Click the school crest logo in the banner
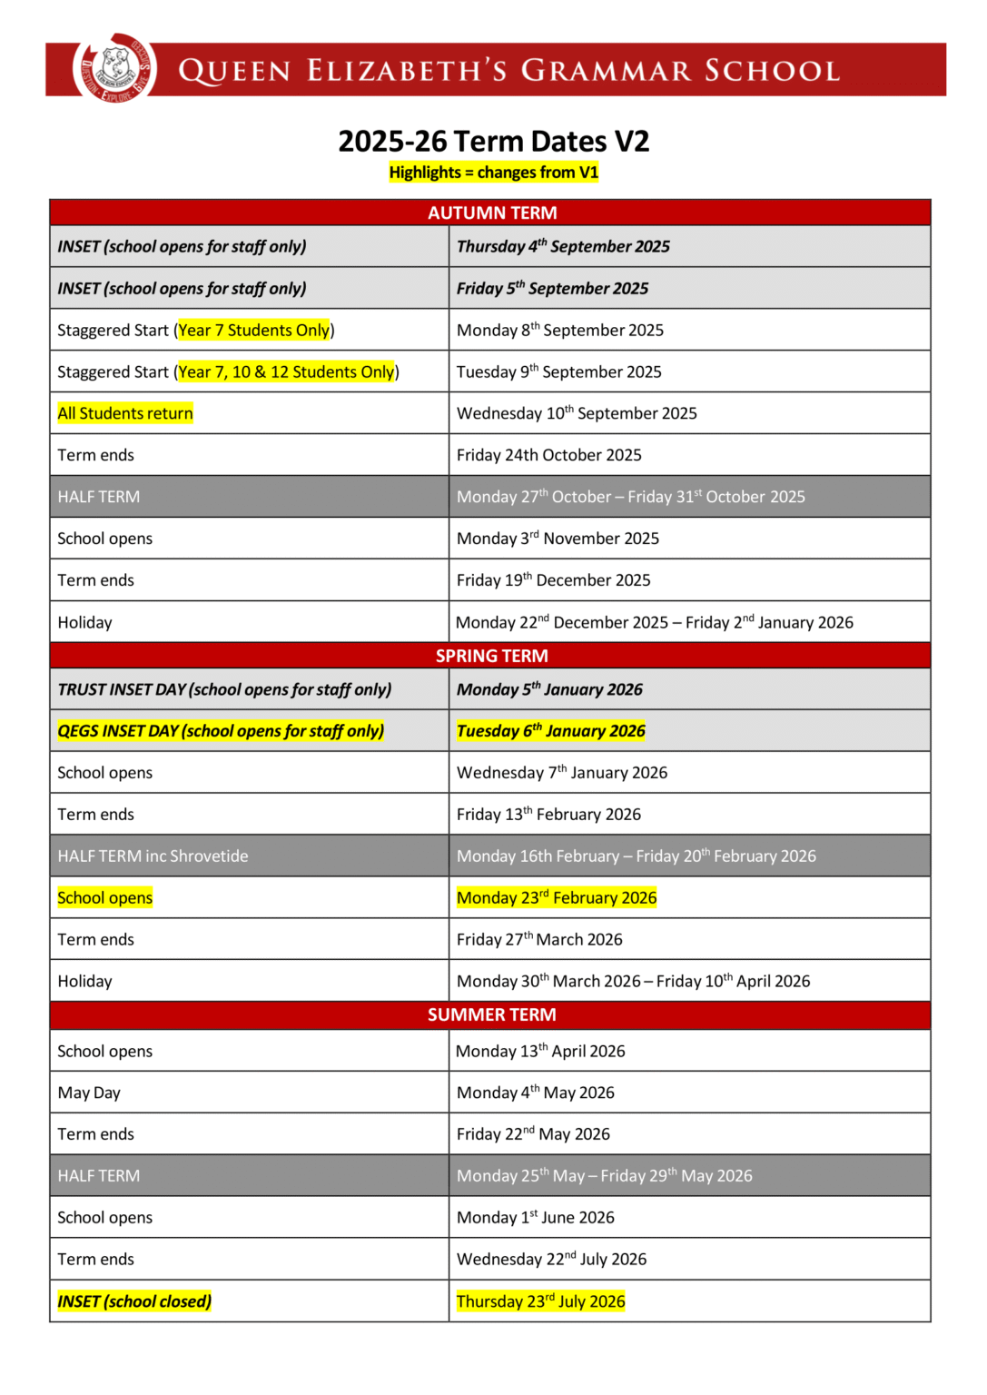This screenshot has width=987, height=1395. [x=114, y=69]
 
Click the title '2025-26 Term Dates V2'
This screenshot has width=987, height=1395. [x=493, y=142]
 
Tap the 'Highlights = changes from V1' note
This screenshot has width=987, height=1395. [x=493, y=173]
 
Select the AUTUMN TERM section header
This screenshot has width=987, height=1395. [x=491, y=213]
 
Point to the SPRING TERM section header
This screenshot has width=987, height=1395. [x=491, y=656]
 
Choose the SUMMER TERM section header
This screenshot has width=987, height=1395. [x=491, y=1014]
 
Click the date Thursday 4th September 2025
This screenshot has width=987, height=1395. [x=563, y=246]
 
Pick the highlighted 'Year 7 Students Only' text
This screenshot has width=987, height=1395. [x=254, y=331]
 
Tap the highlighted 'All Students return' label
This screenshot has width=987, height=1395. [x=125, y=413]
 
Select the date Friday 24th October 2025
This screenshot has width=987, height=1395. [x=548, y=455]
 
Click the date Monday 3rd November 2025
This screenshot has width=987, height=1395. [x=558, y=539]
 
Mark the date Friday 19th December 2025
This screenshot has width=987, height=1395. [x=553, y=580]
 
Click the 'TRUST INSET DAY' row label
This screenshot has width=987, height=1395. [x=224, y=689]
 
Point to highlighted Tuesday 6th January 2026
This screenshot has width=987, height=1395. [x=550, y=731]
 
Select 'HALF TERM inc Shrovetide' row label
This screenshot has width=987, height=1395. [x=153, y=856]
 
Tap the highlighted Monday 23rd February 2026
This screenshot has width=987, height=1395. [x=556, y=897]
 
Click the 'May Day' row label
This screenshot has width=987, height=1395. [x=89, y=1093]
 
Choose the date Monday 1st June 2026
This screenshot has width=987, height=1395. [x=535, y=1217]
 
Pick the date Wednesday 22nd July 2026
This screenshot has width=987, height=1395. [x=551, y=1259]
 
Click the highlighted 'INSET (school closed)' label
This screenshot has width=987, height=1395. [x=134, y=1301]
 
